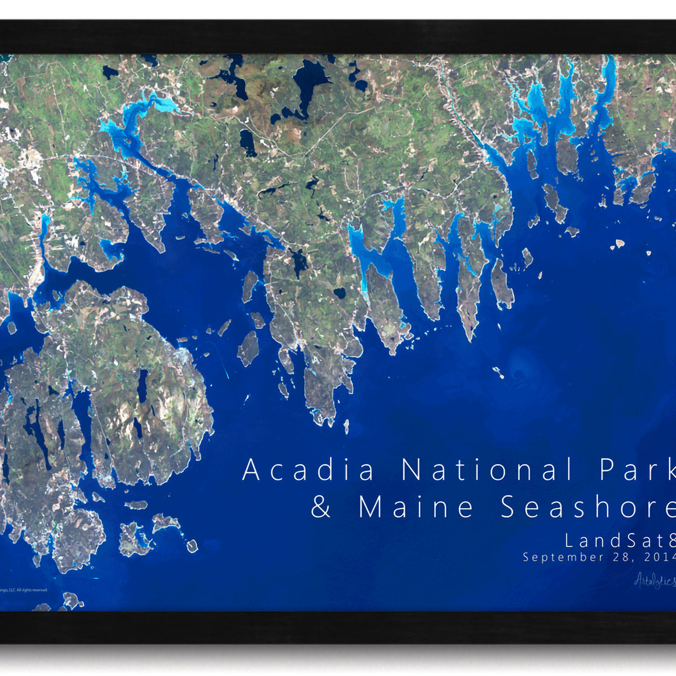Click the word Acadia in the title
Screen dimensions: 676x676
[x=309, y=470]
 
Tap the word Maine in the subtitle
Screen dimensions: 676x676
[x=417, y=506]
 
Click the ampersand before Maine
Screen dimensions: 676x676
[x=321, y=506]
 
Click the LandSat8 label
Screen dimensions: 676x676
[x=620, y=541]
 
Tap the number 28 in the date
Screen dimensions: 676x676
[x=619, y=557]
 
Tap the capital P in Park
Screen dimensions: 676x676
[x=607, y=470]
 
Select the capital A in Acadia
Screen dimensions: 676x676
[x=252, y=470]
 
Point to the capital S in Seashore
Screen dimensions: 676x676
[x=509, y=506]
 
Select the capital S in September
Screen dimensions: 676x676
[x=526, y=557]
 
